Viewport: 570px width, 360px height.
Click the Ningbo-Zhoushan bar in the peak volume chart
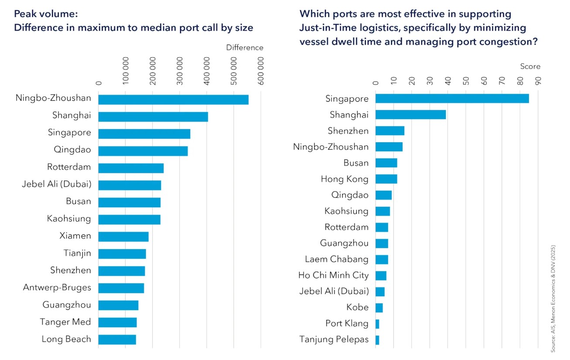coord(173,99)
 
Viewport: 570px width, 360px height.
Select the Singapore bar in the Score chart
coord(452,99)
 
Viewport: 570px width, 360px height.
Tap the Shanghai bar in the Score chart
coord(410,115)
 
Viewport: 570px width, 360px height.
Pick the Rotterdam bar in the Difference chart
coord(131,168)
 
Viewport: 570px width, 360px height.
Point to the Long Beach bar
coord(117,339)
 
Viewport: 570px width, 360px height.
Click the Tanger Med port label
coord(65,322)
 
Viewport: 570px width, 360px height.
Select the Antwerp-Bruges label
coord(57,288)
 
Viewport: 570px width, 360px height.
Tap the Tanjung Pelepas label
coord(334,339)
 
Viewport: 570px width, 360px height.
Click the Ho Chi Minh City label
coord(333,275)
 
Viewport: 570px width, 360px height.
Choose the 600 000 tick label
coord(261,72)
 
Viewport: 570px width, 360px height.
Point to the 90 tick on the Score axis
coord(538,81)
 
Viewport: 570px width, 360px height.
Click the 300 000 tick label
coord(180,72)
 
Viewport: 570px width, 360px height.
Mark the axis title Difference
coord(244,48)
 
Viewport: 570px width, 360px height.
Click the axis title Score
coord(530,66)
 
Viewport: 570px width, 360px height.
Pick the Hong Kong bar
coord(386,179)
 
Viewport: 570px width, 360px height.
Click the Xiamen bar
coord(123,237)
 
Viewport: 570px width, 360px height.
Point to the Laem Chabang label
coord(336,259)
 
